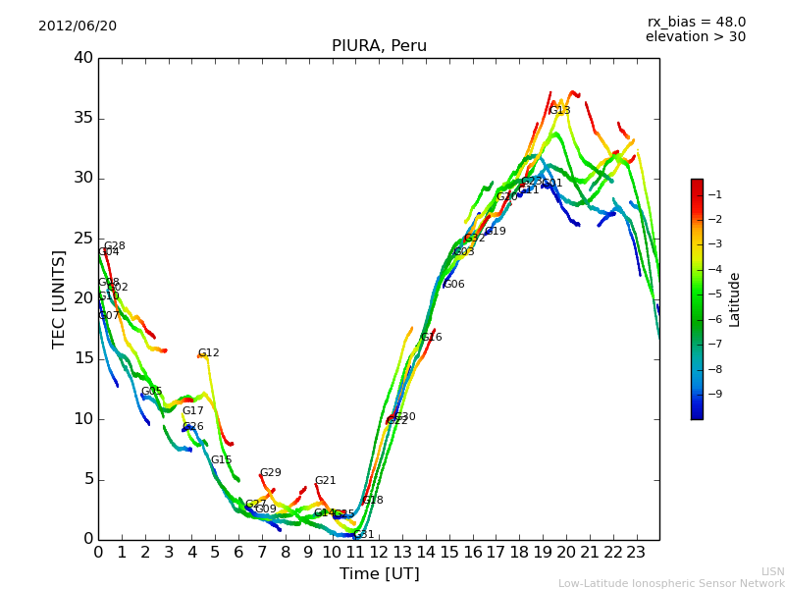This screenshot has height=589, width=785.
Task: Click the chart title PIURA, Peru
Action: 379,46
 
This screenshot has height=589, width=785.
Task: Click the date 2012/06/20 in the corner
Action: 78,27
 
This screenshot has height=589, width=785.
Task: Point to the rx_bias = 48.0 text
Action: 696,23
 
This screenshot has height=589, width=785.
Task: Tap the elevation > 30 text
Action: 695,37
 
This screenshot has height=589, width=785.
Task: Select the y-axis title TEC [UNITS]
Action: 59,298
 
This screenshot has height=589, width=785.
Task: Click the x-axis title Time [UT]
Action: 379,574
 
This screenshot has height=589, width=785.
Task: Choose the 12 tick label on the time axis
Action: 379,552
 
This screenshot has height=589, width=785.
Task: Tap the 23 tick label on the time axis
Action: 636,552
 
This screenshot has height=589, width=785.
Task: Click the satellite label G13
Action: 559,111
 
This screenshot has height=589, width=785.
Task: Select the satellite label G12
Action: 208,353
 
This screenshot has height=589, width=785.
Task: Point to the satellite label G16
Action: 431,338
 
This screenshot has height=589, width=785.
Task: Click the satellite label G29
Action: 270,473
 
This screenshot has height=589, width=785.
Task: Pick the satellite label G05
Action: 151,392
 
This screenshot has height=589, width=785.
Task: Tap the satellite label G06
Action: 453,285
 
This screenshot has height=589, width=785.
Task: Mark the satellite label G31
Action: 363,535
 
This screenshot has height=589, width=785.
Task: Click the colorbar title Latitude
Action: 734,298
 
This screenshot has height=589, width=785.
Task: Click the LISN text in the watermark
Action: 772,571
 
